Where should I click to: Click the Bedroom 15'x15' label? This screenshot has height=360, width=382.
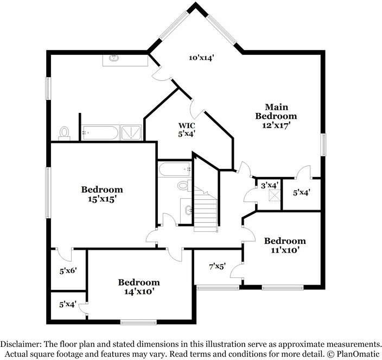[x=102, y=194]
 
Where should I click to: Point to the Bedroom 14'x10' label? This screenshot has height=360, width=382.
[x=139, y=286]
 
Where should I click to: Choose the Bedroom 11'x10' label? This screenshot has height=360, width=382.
[x=284, y=245]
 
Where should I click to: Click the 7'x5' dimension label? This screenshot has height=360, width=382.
[x=217, y=267]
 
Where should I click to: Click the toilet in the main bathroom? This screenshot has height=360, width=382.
[x=65, y=132]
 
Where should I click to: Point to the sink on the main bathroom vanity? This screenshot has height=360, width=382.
[x=115, y=58]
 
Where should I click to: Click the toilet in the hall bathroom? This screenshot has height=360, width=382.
[x=183, y=186]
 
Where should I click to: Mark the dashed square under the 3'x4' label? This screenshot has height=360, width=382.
[x=276, y=195]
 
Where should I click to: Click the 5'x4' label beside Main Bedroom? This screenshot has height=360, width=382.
[x=301, y=192]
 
